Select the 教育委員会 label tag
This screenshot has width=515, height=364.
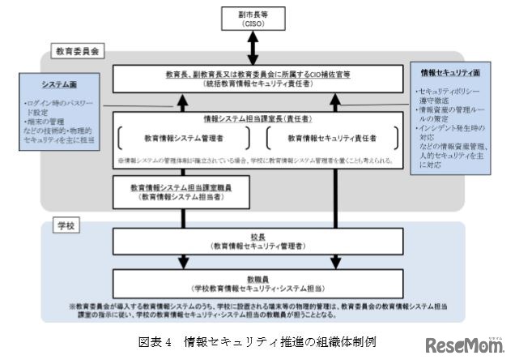click(77, 50)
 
